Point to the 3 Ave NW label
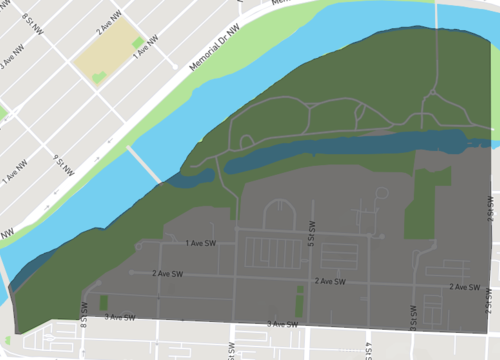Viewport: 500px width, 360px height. pyautogui.click(x=8, y=58)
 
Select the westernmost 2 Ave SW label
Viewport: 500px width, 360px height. pyautogui.click(x=167, y=273)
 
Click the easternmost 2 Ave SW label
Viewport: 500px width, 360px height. pyautogui.click(x=465, y=287)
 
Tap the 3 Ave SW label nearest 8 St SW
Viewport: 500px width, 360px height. pyautogui.click(x=120, y=317)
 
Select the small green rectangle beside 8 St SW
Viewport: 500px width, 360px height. pyautogui.click(x=102, y=302)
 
